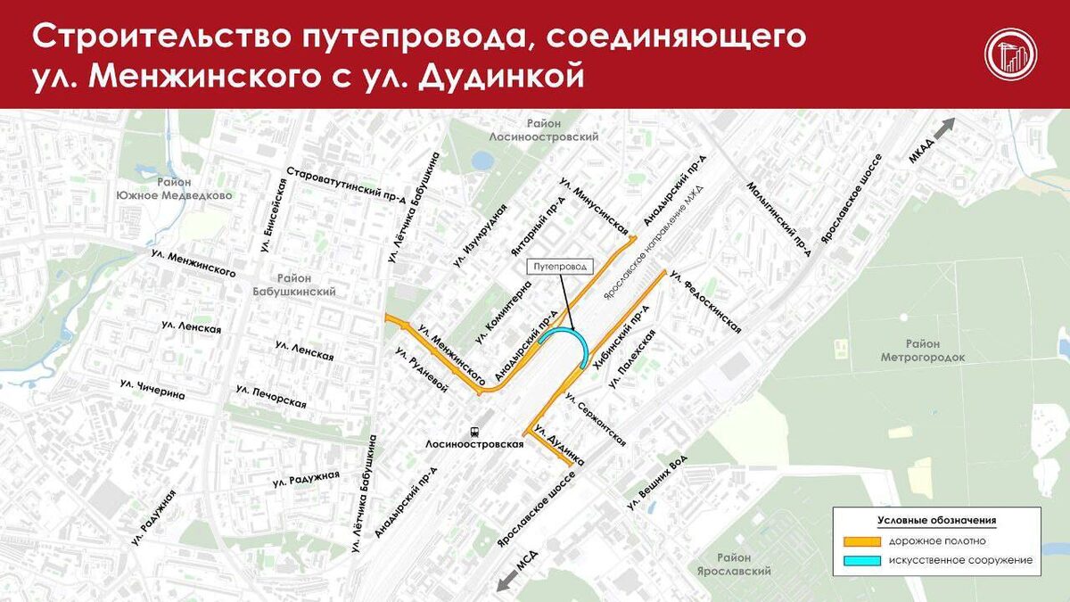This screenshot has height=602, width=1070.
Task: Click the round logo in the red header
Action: coord(1010,54)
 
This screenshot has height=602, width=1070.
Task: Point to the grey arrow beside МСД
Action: coord(508,581)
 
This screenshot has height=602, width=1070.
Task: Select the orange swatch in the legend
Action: coord(860,541)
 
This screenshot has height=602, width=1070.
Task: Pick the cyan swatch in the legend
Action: coord(860,560)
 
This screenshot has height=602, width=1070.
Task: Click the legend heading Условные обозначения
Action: coord(936,520)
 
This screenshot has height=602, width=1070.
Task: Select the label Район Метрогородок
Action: coord(923,350)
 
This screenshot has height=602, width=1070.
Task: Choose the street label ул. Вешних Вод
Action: coord(658,486)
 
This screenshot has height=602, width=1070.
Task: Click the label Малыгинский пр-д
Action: coord(779,219)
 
